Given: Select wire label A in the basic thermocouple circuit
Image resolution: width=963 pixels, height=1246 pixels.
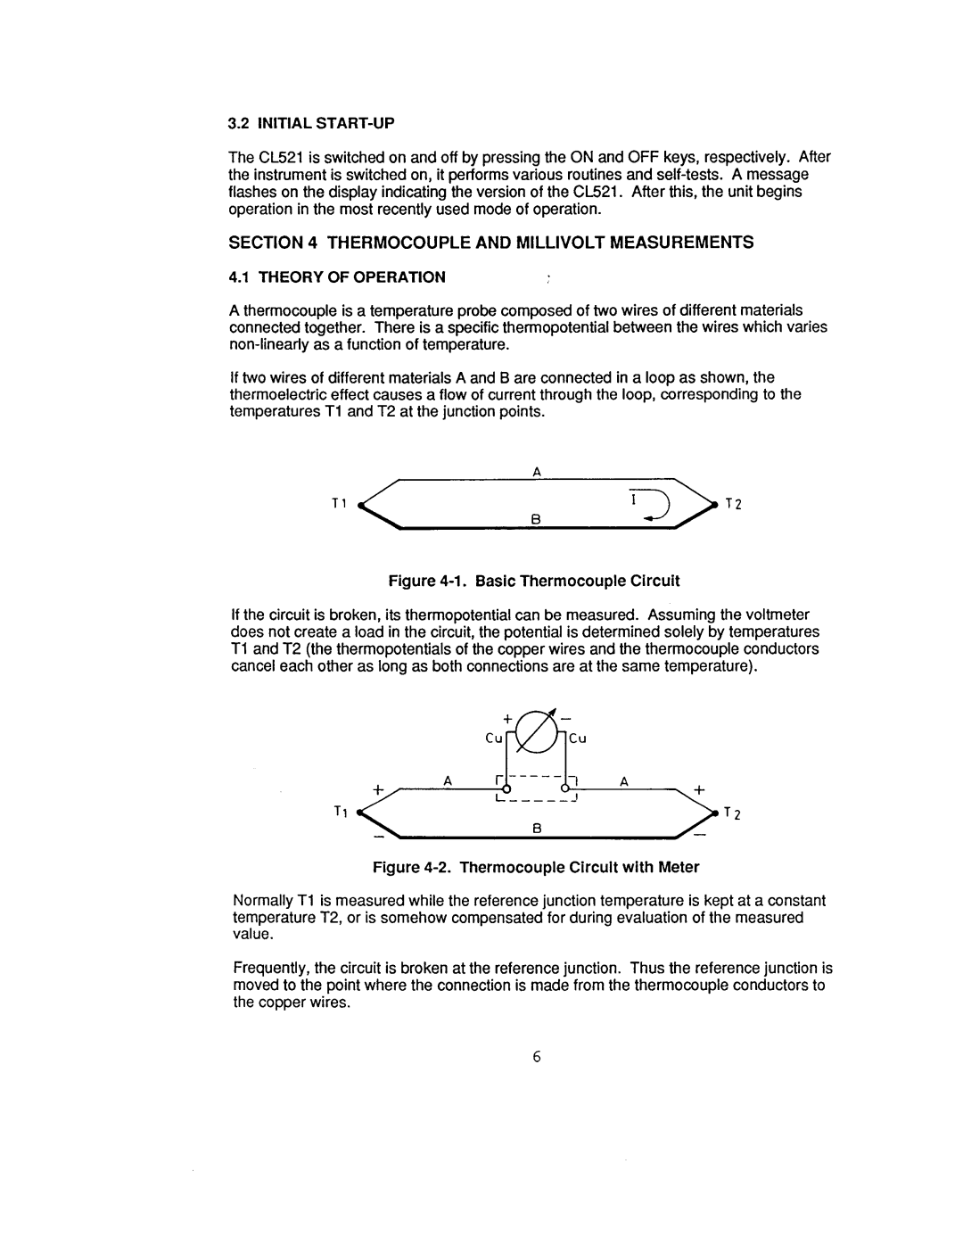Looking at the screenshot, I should [537, 471].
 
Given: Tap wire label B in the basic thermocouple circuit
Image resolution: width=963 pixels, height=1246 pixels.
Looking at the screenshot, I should [536, 516].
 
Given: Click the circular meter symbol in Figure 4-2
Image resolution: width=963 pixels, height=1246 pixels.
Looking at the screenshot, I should [536, 733].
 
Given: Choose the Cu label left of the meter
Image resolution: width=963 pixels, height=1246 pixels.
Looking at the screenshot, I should [494, 739].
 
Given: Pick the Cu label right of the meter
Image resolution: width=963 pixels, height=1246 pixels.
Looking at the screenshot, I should [577, 739].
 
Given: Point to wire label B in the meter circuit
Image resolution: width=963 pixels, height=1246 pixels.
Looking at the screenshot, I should [537, 829].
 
